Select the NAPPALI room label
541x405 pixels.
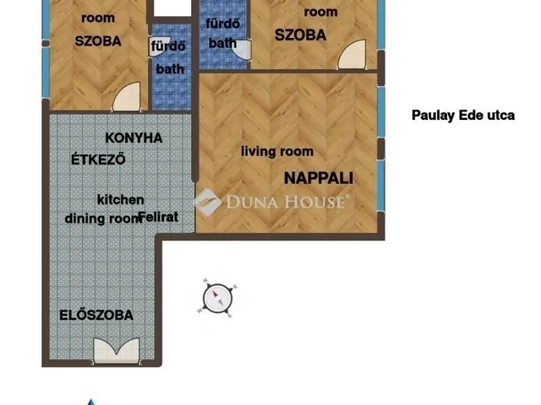tap(318, 178)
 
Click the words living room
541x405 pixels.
tap(277, 152)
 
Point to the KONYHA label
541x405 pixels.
tap(134, 138)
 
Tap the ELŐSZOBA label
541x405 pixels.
tap(96, 316)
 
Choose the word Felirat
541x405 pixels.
tap(158, 217)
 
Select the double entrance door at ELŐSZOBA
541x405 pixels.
tap(116, 349)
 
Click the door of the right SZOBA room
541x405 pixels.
tap(349, 57)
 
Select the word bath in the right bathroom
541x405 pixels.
tap(222, 42)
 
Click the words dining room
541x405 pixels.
tap(101, 217)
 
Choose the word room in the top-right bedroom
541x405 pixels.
tap(320, 12)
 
